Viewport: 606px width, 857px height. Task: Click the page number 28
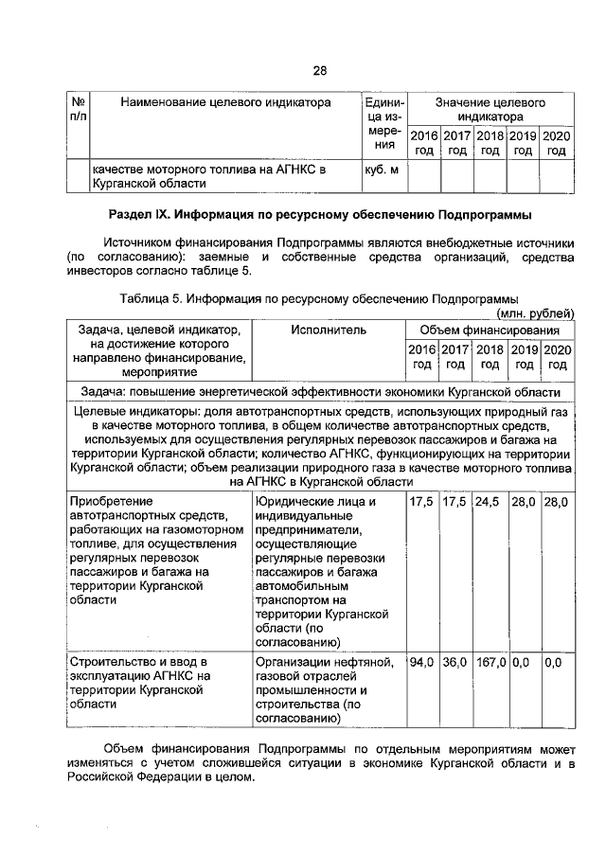(319, 71)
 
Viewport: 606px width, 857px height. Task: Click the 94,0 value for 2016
(421, 662)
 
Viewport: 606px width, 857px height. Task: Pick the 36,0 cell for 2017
(454, 662)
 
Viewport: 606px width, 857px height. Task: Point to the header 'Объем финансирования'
(489, 330)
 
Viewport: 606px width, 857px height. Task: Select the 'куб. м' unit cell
(379, 170)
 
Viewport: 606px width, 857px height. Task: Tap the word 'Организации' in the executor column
(295, 662)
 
